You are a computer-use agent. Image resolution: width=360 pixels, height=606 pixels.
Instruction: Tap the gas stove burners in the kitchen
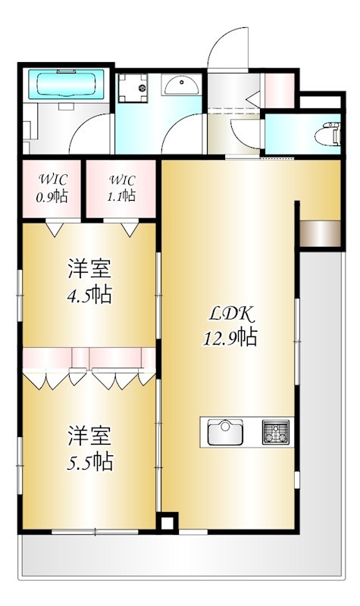[276, 433]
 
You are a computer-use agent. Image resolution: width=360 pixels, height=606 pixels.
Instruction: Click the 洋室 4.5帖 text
[89, 281]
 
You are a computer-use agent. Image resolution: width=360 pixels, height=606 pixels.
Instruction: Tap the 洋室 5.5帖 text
[89, 448]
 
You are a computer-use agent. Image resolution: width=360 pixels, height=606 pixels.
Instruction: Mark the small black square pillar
[167, 523]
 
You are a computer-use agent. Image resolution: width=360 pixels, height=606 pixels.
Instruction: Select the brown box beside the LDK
[319, 233]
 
